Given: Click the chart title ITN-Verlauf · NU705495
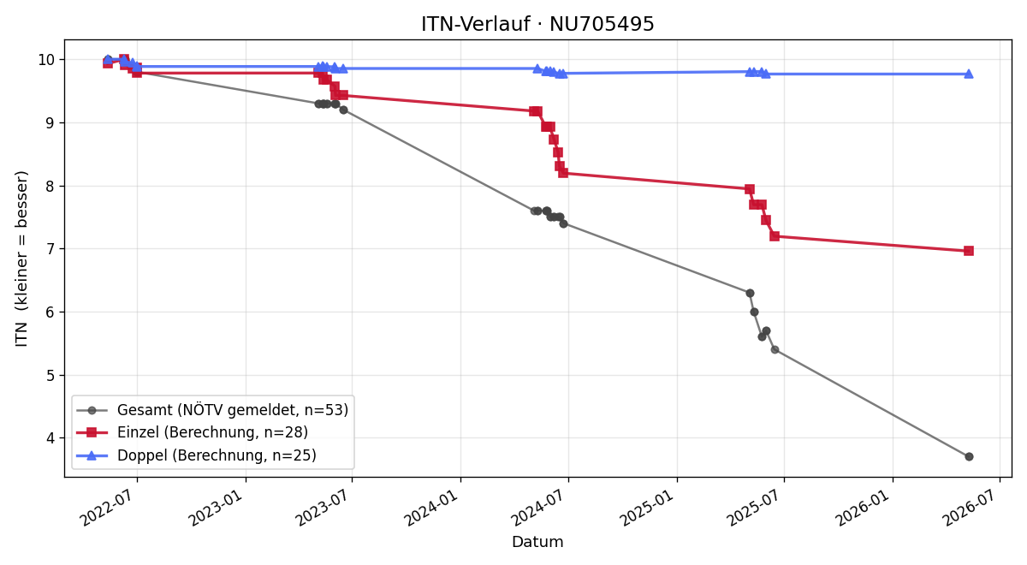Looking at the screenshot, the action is (x=537, y=24).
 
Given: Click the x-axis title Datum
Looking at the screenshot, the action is (x=537, y=542).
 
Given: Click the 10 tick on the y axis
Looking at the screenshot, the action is (x=46, y=60).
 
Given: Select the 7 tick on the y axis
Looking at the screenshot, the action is (x=50, y=249).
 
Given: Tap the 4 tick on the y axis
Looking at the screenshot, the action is (x=50, y=438).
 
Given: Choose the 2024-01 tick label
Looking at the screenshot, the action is (x=433, y=508).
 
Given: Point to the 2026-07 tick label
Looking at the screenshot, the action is (x=972, y=508).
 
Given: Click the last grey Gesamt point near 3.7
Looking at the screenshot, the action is (x=969, y=457).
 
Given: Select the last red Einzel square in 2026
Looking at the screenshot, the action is (x=969, y=251).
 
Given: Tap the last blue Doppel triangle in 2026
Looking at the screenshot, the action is (x=969, y=74).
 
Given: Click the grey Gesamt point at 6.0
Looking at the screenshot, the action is (x=754, y=312).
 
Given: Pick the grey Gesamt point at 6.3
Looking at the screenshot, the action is (x=750, y=293).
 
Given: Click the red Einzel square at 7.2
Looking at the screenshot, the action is (x=775, y=236).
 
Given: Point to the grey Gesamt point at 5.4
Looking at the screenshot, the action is (x=775, y=350).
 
